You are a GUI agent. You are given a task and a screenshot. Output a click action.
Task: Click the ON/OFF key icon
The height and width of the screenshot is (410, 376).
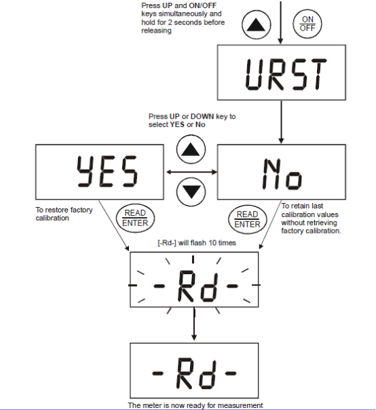point(307,24)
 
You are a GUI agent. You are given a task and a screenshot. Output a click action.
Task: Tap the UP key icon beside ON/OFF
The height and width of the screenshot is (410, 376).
point(257,25)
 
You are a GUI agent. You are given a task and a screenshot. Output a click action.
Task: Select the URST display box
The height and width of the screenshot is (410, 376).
point(282,73)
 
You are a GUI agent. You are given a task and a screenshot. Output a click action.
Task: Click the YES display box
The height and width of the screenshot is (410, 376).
point(100,172)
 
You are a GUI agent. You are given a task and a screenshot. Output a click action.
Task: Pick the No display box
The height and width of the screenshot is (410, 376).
point(282,172)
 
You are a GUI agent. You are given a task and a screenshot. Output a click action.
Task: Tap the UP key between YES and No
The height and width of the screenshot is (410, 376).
point(191,149)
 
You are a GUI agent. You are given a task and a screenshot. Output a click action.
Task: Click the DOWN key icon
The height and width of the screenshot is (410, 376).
point(191,192)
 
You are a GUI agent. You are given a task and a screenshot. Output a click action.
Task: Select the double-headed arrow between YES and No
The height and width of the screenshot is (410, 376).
point(191,172)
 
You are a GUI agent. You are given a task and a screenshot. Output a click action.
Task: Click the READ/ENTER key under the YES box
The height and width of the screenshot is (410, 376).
point(135,219)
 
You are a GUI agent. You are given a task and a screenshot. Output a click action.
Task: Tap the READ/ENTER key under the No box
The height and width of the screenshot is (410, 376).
point(247,219)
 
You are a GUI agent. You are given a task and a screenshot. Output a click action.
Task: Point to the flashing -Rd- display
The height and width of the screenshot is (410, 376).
point(194,280)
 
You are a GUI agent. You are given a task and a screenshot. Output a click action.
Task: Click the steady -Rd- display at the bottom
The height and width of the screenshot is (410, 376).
point(194,370)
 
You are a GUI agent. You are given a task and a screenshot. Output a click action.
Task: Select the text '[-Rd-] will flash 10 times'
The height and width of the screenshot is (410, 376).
point(197,243)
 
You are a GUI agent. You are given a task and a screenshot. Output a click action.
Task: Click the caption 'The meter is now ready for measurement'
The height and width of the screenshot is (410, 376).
point(195,405)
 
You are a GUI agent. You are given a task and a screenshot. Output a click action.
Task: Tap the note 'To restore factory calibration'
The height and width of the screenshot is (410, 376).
point(64,214)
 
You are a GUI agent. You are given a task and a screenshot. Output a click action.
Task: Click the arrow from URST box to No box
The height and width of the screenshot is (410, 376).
point(281,122)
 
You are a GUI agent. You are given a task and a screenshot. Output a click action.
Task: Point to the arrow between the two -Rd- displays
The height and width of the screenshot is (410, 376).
point(194,324)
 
